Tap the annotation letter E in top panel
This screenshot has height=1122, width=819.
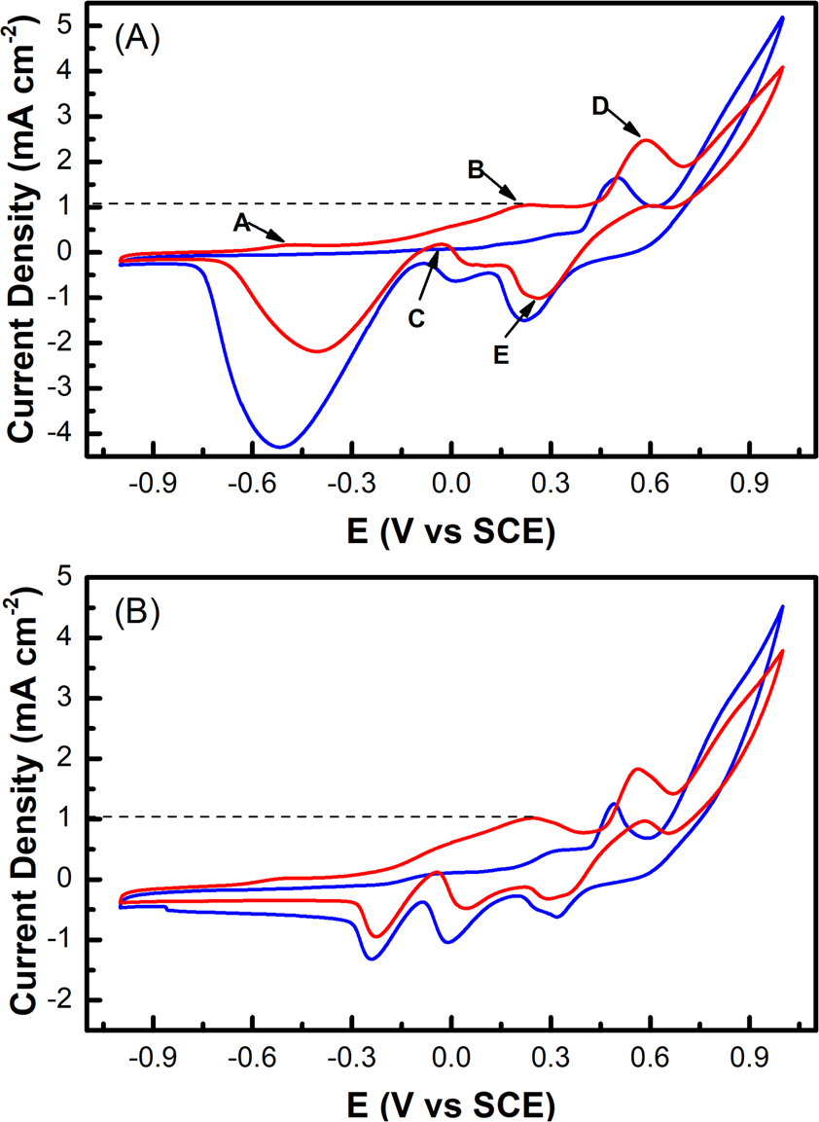(501, 355)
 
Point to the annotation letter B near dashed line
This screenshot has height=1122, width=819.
(476, 169)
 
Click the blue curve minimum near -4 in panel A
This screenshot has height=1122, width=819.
(281, 447)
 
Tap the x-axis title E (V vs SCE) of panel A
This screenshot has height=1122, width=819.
(450, 529)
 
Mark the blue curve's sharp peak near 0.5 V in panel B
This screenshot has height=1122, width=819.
(613, 803)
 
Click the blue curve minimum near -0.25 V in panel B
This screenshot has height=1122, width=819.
(372, 959)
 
